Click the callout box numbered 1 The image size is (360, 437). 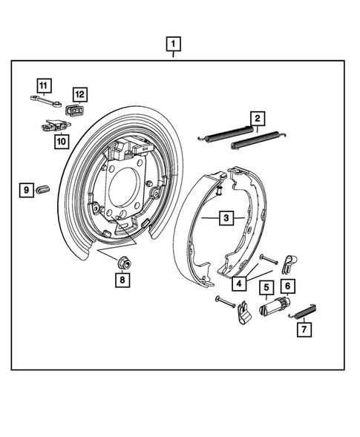172,45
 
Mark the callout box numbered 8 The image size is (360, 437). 122,280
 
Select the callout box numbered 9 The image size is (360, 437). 26,191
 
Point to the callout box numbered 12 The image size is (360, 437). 79,94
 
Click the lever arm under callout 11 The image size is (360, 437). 45,99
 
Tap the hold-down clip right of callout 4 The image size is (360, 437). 290,261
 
